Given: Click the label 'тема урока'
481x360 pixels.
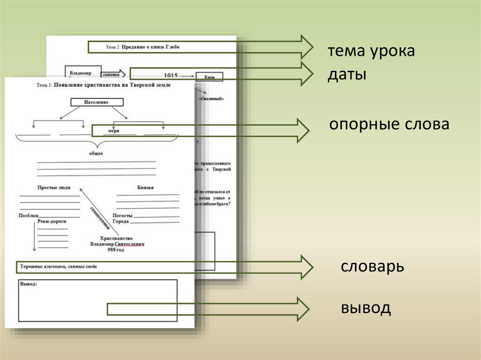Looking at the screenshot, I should (371, 51).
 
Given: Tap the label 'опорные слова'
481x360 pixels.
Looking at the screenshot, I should (389, 124).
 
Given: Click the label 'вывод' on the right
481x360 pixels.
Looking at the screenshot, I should (365, 308).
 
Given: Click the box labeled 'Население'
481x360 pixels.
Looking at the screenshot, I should (97, 102).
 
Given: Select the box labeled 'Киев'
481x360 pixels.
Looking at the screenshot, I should (209, 77).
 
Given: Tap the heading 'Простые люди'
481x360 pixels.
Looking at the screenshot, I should (54, 187).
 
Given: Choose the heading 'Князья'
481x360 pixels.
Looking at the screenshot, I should (146, 187).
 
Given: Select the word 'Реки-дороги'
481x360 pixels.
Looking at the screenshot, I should (52, 221).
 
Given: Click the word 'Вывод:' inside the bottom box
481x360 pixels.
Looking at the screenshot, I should (29, 284).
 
